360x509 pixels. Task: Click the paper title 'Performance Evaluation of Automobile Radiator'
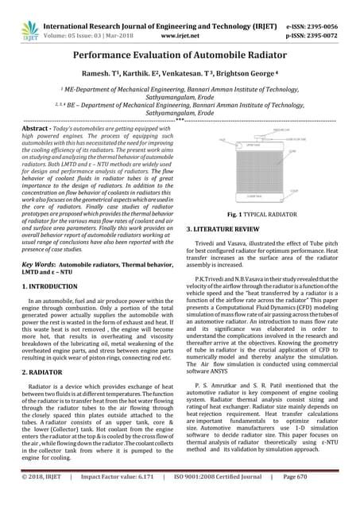[x=179, y=58]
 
